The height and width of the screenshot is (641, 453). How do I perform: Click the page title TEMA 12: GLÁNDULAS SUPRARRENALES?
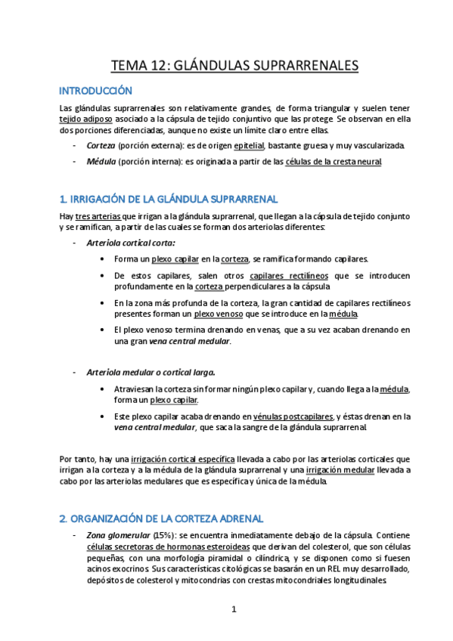(234, 66)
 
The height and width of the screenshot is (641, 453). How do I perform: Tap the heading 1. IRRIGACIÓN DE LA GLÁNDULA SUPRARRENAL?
(168, 200)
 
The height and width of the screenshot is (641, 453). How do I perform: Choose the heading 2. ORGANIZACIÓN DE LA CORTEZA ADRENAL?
(161, 519)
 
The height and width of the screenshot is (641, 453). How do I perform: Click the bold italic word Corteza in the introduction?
(101, 145)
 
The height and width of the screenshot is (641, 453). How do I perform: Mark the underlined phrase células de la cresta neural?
(334, 162)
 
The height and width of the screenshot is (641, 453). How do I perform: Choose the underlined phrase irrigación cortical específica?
(183, 459)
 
